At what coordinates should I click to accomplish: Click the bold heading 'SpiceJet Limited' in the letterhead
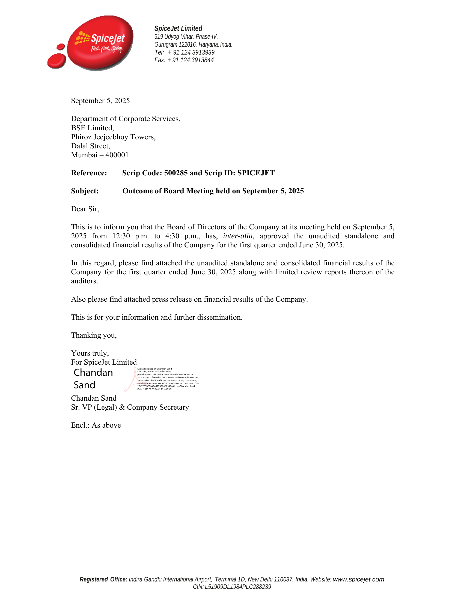pyautogui.click(x=178, y=28)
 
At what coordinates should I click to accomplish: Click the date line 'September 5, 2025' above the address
pyautogui.click(x=100, y=101)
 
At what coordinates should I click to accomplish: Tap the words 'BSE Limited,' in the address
pyautogui.click(x=92, y=128)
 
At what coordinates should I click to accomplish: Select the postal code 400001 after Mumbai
pyautogui.click(x=117, y=155)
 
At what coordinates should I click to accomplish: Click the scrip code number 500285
pyautogui.click(x=176, y=173)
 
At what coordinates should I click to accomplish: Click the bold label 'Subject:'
pyautogui.click(x=85, y=191)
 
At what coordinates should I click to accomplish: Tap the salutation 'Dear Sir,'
pyautogui.click(x=85, y=209)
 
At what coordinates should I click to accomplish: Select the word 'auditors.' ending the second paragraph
pyautogui.click(x=84, y=281)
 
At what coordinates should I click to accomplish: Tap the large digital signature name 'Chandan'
pyautogui.click(x=93, y=373)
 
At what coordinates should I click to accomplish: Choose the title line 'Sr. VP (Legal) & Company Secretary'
pyautogui.click(x=130, y=407)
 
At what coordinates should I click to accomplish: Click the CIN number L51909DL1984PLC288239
pyautogui.click(x=238, y=587)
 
